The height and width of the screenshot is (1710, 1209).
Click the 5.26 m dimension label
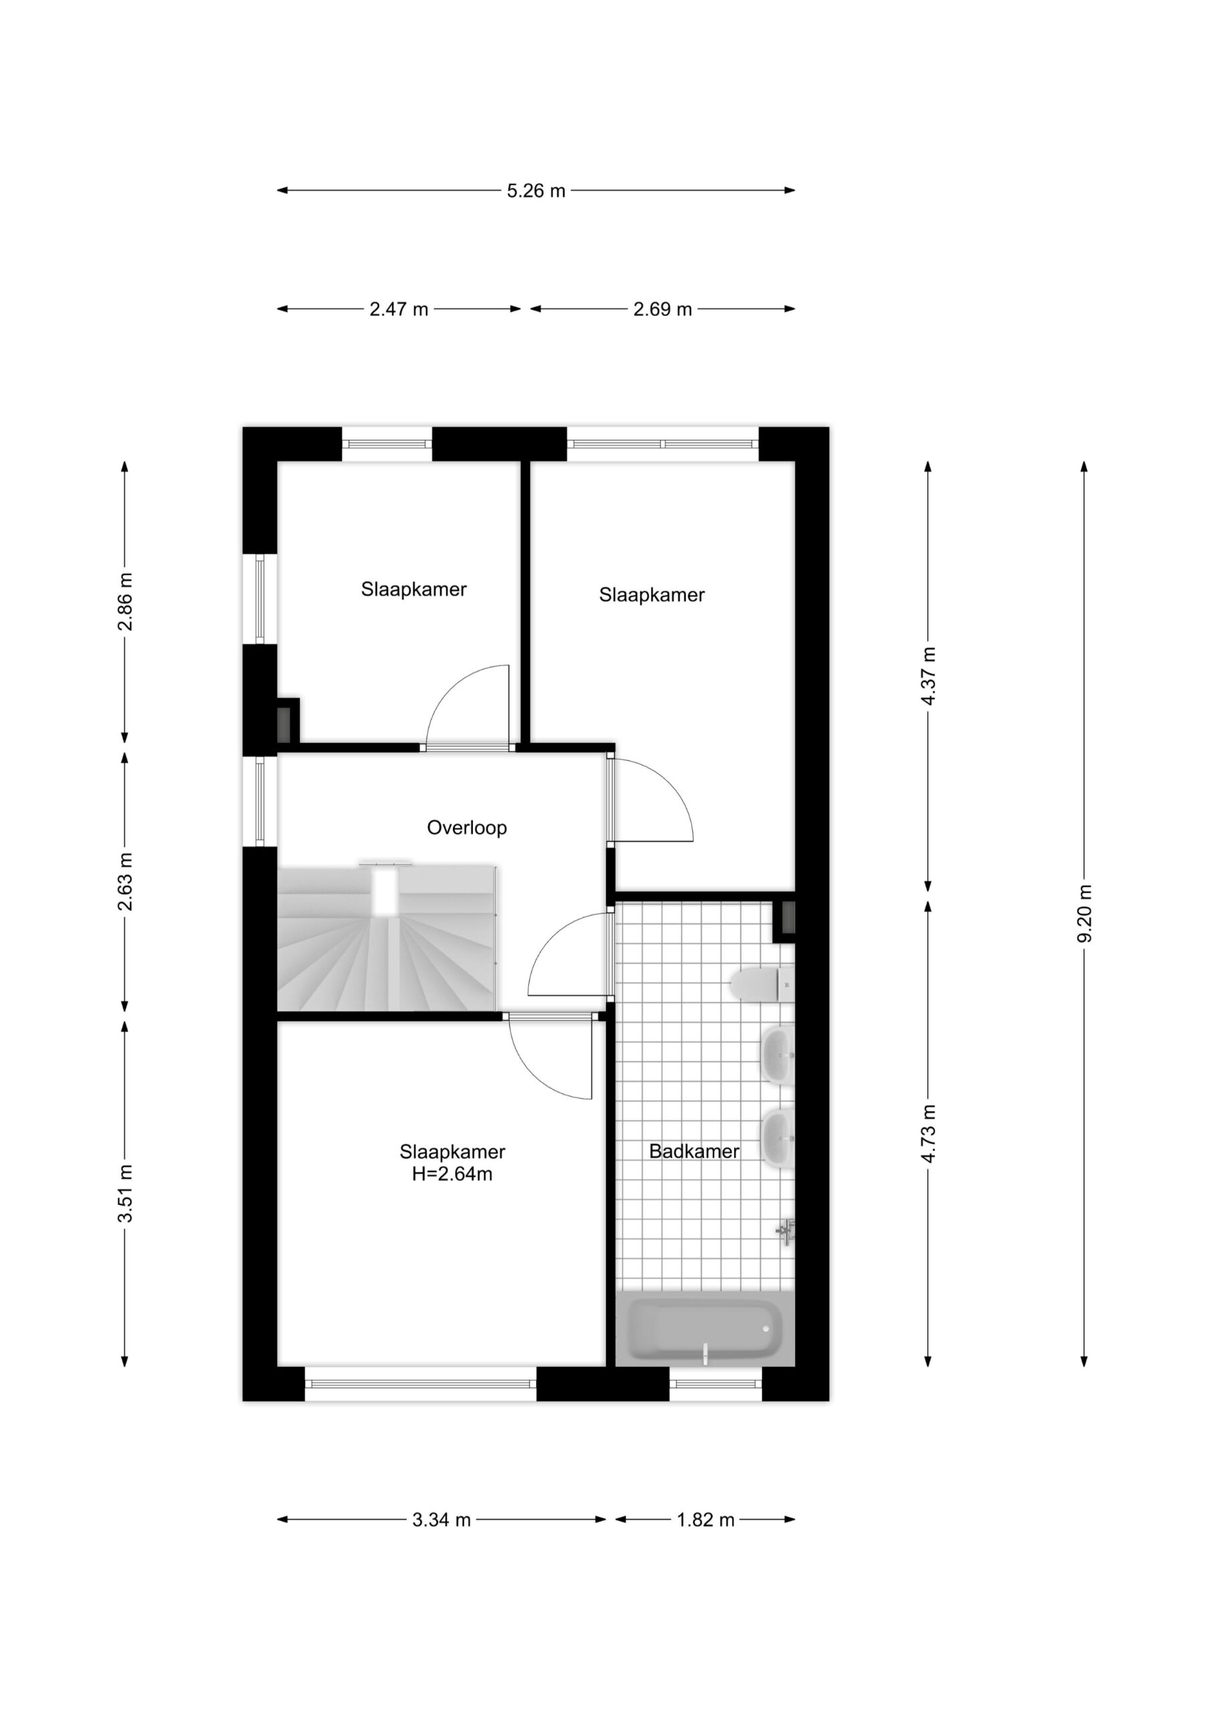tap(536, 190)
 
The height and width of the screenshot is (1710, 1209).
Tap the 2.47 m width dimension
tap(399, 309)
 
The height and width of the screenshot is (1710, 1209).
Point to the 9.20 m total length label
tap(1084, 913)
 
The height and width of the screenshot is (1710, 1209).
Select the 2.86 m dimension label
tap(124, 601)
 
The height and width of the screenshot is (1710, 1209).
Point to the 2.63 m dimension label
tap(124, 881)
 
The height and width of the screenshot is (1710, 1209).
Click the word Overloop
tap(467, 828)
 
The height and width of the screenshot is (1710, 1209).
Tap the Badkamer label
tap(694, 1151)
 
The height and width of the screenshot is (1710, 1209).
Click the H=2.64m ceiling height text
tap(453, 1174)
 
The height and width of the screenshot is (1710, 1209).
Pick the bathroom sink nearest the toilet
tap(777, 1056)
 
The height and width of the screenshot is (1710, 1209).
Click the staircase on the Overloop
tap(387, 938)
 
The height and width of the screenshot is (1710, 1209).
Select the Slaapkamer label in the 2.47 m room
tap(414, 589)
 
